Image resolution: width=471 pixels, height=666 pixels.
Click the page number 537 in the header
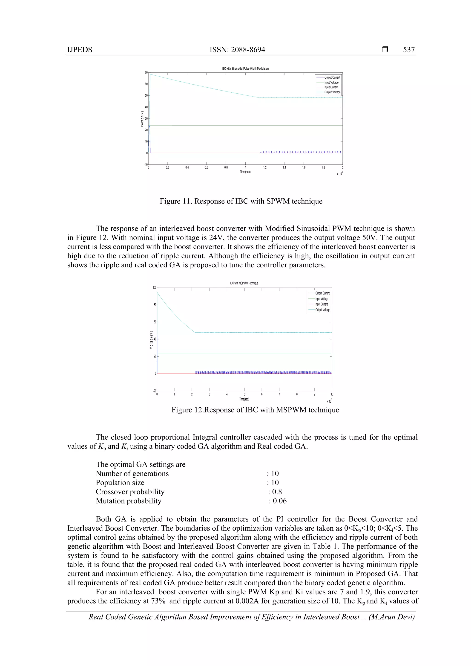click(409, 50)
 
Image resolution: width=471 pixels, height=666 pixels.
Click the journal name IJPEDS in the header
click(80, 50)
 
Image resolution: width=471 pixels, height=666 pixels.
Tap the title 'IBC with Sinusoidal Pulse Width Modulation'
click(245, 69)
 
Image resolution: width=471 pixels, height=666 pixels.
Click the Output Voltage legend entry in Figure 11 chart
click(332, 92)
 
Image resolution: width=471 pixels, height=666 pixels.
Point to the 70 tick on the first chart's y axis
click(146, 72)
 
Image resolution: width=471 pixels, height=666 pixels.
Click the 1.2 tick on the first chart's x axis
click(265, 168)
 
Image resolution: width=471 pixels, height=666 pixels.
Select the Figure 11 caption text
click(241, 201)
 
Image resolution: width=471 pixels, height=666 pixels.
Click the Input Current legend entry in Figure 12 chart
click(321, 304)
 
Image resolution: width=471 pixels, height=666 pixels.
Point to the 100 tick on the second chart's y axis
click(154, 288)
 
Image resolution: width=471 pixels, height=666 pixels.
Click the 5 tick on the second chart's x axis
click(244, 394)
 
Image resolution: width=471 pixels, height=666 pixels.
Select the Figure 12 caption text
click(255, 410)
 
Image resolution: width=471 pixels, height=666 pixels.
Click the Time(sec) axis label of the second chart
click(244, 399)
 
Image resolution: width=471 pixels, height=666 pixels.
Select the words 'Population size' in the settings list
click(120, 483)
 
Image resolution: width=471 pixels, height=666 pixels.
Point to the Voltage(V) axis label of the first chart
click(142, 119)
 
